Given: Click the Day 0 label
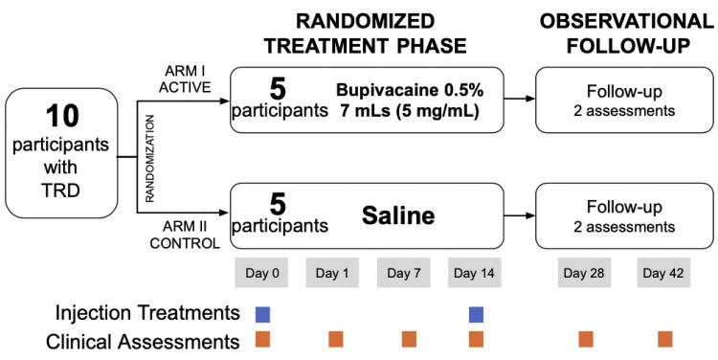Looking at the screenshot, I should [262, 274].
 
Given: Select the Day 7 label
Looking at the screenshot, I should [404, 274].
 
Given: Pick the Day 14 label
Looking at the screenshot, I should [476, 274].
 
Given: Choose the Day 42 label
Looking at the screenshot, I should [664, 274].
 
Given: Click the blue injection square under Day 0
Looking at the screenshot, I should [262, 314].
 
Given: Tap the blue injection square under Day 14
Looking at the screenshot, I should [476, 314].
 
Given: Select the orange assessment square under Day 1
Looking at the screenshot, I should [335, 339].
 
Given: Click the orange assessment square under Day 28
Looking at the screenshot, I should [586, 339].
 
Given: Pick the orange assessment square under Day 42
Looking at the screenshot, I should [664, 339].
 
